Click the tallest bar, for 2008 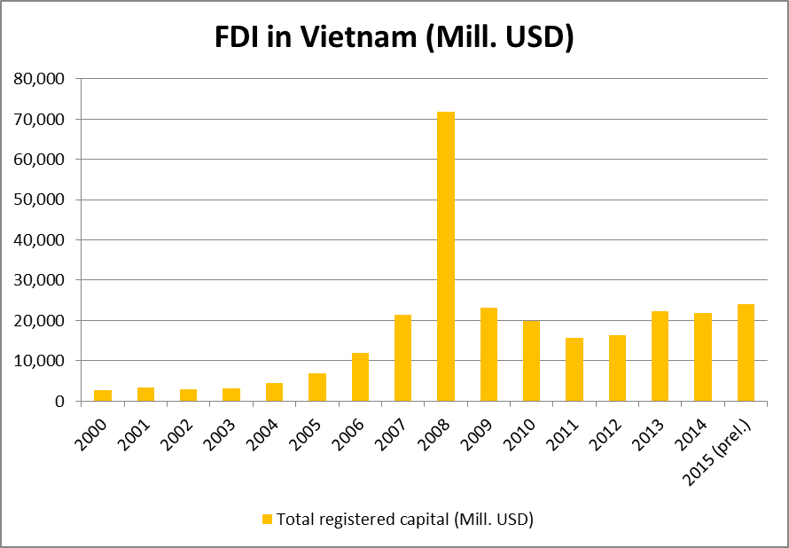[x=446, y=256]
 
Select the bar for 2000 [x=103, y=395]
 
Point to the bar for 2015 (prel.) [x=746, y=352]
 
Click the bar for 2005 [x=317, y=387]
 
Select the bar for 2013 [x=660, y=356]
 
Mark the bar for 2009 [x=488, y=354]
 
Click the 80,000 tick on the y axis [x=41, y=79]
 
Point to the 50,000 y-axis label [x=41, y=200]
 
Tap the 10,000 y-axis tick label [x=41, y=361]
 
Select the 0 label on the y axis [x=59, y=401]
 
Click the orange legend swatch [x=267, y=520]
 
